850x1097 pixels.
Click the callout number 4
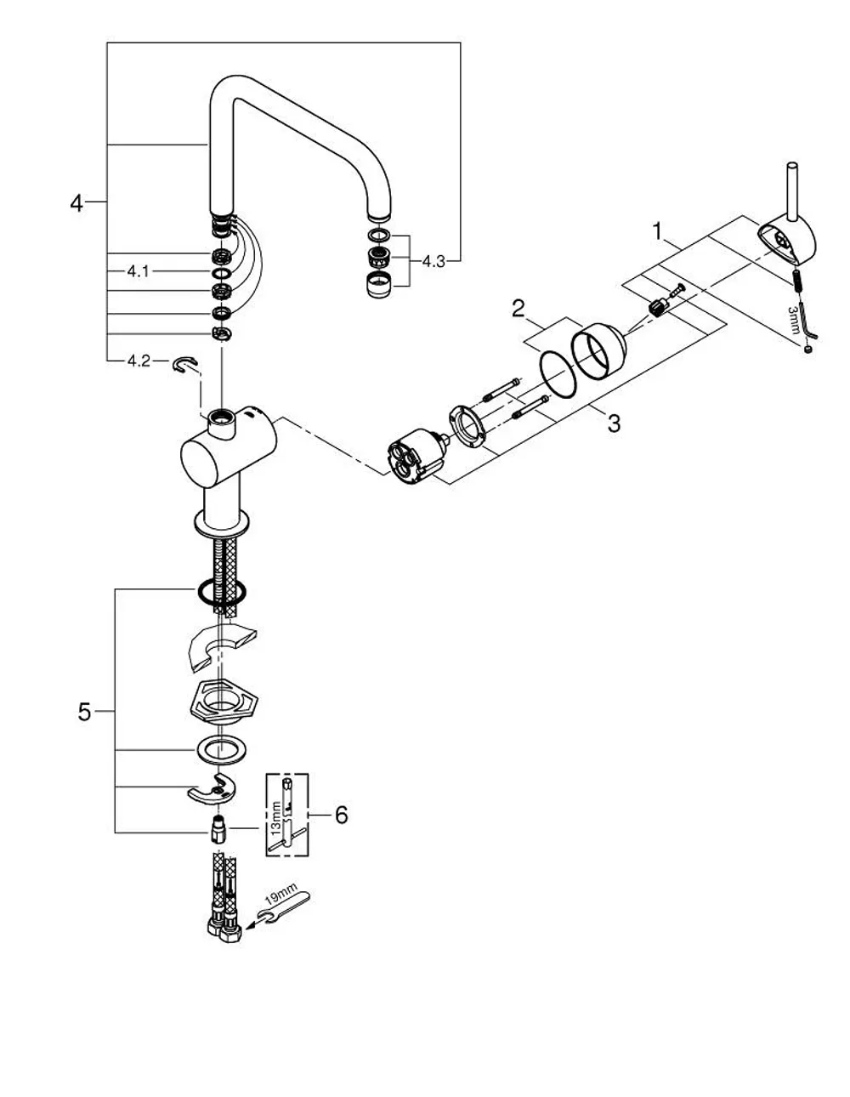tap(76, 203)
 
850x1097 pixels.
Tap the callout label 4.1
tap(138, 271)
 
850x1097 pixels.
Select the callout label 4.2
tap(139, 361)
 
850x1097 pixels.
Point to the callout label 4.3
tap(433, 262)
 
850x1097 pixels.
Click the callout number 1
tap(657, 231)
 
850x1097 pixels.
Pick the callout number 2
tap(518, 309)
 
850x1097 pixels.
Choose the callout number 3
tap(614, 423)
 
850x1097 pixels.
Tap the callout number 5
tap(84, 712)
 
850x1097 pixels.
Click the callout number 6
tap(342, 815)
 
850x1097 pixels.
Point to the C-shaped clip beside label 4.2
tap(185, 364)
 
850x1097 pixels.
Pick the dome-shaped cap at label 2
tap(598, 350)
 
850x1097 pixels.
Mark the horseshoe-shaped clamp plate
tap(211, 791)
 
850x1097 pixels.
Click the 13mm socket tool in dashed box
tap(286, 815)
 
